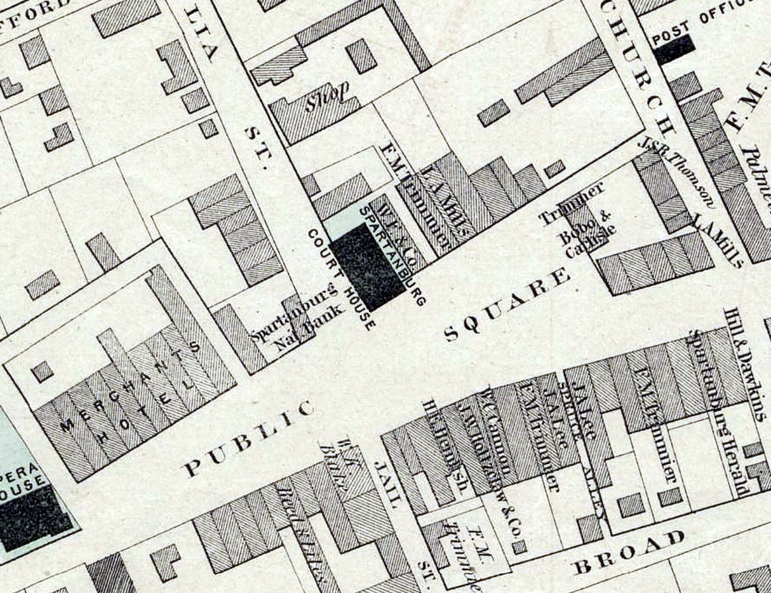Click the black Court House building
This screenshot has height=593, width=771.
coord(368,266)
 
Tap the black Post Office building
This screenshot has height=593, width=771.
coord(673,49)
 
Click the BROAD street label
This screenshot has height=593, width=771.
coord(628,551)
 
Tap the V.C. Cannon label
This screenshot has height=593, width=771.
coord(499,432)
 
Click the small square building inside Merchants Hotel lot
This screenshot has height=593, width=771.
coord(43,371)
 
